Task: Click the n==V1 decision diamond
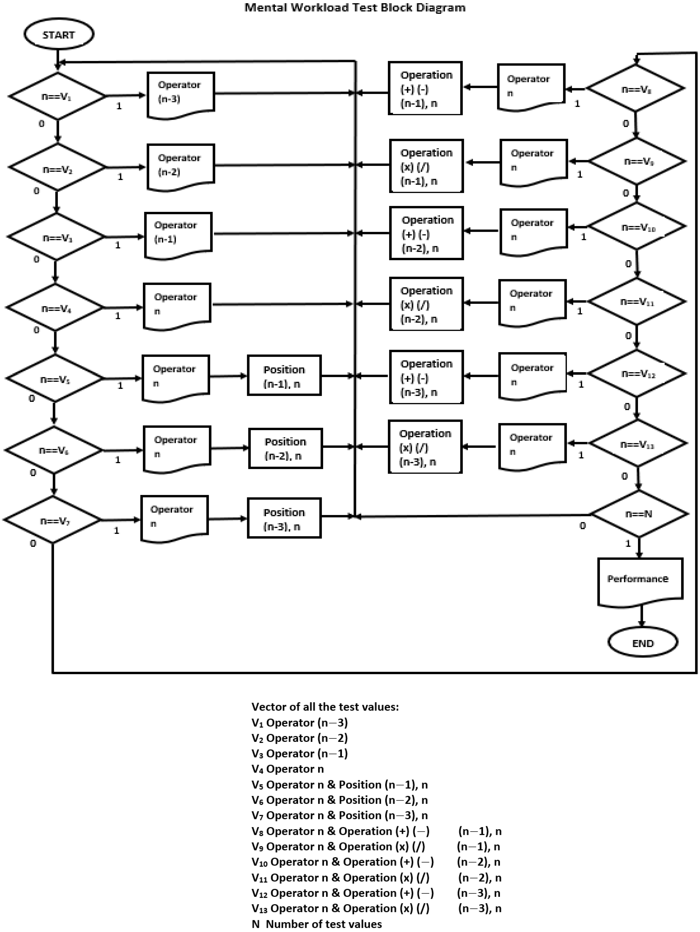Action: pyautogui.click(x=57, y=96)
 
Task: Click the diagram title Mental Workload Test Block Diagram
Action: pyautogui.click(x=355, y=8)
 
